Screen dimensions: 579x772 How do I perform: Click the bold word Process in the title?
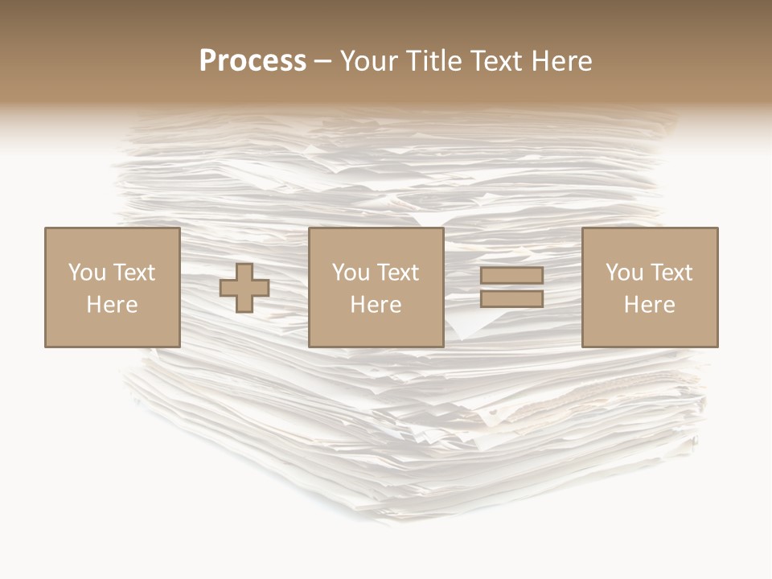pos(253,61)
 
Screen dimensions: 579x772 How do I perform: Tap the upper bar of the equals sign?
pos(512,275)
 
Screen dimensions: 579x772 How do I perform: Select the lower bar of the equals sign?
pos(512,298)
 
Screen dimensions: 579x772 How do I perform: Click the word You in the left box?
pos(87,273)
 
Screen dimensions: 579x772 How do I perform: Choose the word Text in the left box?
pos(133,273)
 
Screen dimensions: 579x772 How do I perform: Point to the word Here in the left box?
pos(112,305)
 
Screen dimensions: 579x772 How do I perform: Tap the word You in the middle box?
pos(351,273)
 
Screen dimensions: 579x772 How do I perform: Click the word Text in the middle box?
pos(397,273)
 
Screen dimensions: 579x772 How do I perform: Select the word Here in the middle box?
pos(376,305)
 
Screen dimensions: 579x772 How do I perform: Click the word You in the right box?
pos(624,273)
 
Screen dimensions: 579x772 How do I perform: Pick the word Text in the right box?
pos(671,273)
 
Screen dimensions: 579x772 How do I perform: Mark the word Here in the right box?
pos(649,305)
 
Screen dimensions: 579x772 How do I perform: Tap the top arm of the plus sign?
pos(244,271)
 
